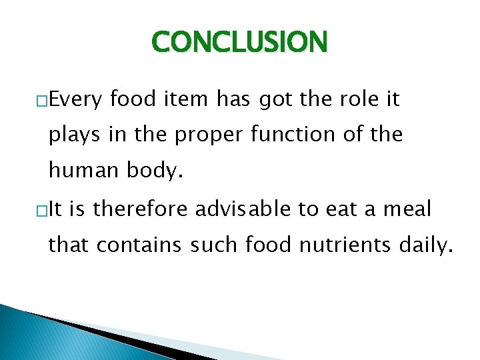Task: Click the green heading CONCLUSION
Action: (x=240, y=43)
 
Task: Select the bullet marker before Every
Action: (x=42, y=101)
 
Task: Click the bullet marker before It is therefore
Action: (x=42, y=211)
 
